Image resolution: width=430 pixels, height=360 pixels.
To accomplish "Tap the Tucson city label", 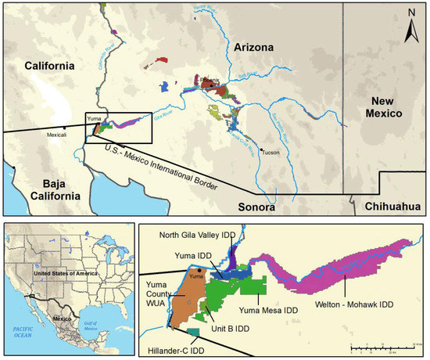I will click(270, 153).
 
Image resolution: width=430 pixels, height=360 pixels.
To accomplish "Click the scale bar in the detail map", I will click(383, 344).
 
